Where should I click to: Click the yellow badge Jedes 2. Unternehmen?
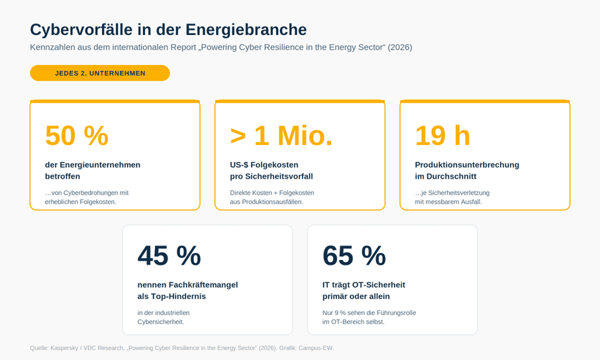coord(100,73)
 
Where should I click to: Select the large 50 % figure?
coord(77,136)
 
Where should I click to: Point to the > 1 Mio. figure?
coord(281,136)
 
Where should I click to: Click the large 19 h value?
coord(442,136)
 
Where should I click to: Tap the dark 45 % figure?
coord(169,255)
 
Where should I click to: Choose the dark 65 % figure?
coord(354,255)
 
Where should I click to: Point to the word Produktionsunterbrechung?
coord(467,165)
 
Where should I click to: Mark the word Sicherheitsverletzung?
coord(458,193)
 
